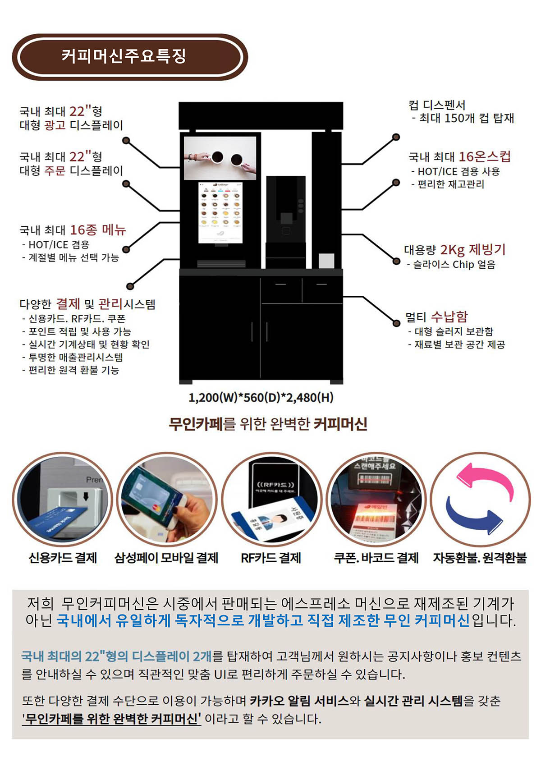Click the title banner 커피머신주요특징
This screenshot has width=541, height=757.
[130, 57]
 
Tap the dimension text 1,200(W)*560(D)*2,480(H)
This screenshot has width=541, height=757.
[261, 397]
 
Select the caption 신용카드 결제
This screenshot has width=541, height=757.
[63, 558]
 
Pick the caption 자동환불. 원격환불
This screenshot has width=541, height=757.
[480, 558]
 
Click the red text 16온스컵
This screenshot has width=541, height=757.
[485, 156]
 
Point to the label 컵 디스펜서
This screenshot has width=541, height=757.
[437, 105]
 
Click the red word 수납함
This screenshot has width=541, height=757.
[449, 316]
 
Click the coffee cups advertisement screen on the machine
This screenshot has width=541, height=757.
[220, 158]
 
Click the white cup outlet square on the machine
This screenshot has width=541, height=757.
[326, 261]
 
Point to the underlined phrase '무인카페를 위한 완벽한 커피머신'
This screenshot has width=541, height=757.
[111, 718]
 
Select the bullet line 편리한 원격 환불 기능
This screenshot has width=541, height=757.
[73, 370]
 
